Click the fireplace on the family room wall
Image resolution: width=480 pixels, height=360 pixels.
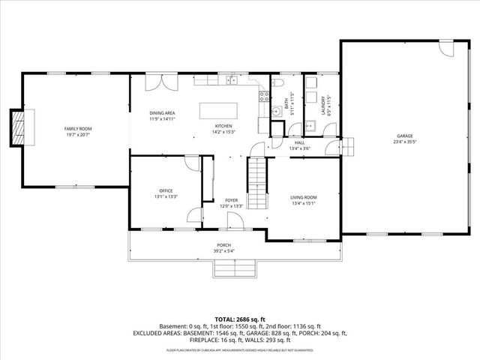pos(19,128)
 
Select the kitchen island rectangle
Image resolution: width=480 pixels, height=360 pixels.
pos(218,110)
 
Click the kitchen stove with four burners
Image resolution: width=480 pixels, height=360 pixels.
pos(263,95)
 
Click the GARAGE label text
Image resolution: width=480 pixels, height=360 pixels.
pos(405,136)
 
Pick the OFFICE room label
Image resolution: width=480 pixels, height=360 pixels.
pos(166,191)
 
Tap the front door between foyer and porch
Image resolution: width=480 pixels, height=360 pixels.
pos(233,222)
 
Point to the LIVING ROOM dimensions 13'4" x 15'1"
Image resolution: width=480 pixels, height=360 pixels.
pos(304,202)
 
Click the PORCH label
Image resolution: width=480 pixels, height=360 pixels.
pos(223,245)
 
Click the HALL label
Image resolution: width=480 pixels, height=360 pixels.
pos(299,142)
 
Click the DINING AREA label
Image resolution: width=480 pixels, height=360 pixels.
pos(161,112)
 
